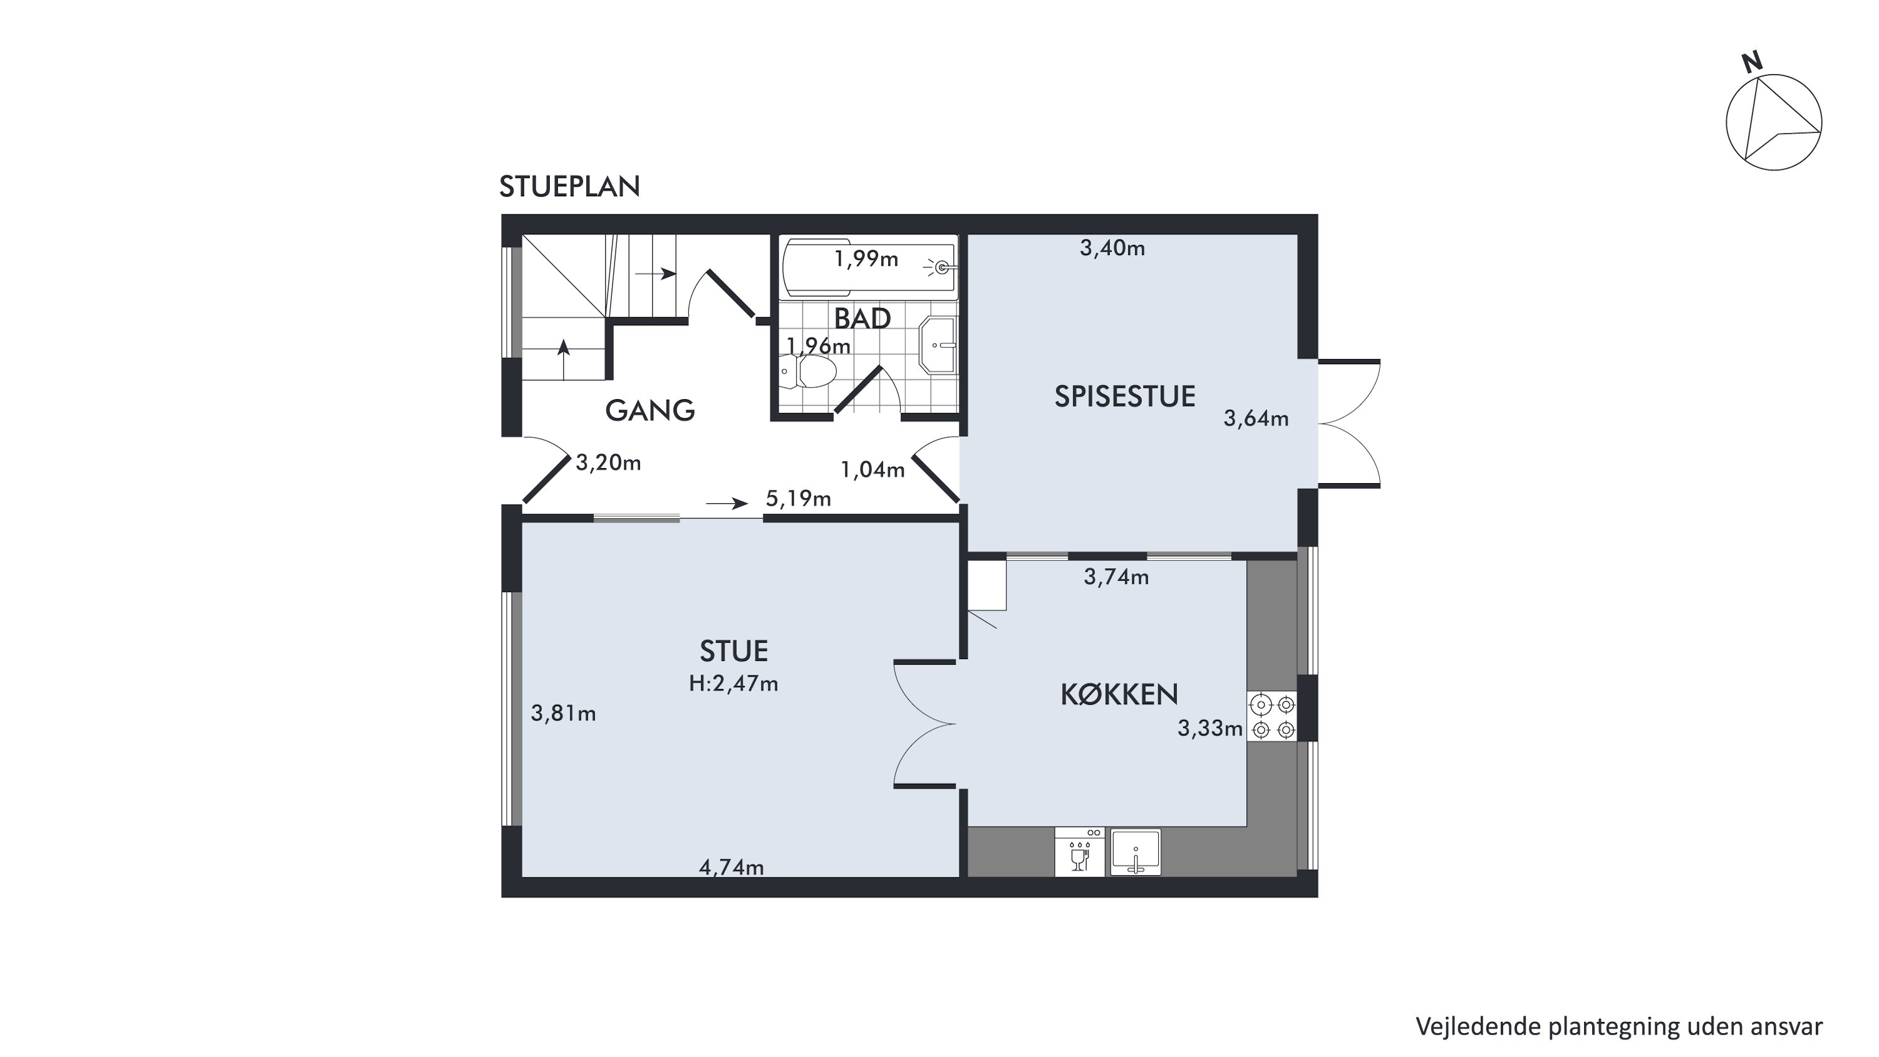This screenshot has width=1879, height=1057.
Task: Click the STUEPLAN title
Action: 570,187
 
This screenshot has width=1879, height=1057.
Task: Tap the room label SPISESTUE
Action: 1125,396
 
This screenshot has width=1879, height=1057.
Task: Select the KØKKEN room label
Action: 1119,694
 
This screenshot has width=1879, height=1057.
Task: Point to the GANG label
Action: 650,410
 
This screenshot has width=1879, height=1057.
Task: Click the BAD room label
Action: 862,319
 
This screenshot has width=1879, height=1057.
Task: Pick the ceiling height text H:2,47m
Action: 734,684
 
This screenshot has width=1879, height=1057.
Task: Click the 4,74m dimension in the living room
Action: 732,867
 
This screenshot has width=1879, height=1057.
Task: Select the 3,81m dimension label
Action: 563,714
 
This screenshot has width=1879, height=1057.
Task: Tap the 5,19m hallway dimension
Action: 798,498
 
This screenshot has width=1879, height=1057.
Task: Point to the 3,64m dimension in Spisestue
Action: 1256,419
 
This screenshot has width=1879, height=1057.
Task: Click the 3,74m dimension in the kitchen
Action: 1116,577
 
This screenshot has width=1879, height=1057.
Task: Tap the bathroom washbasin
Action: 938,345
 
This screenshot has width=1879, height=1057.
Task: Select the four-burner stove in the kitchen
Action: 1272,716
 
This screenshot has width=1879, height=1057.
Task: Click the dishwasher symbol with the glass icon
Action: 1080,851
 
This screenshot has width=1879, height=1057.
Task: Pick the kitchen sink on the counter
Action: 1136,851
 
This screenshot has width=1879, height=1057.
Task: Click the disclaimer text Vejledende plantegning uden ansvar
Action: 1619,1026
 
